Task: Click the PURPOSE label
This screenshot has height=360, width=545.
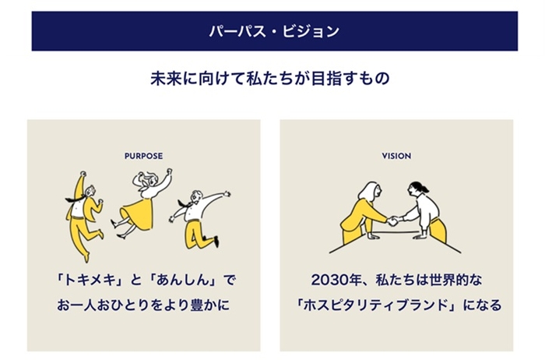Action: (143, 156)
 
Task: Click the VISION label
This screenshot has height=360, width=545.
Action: (396, 156)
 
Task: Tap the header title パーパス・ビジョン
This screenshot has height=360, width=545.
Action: (274, 31)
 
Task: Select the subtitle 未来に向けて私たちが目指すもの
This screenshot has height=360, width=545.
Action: (270, 79)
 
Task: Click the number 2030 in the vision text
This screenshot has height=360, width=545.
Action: (330, 280)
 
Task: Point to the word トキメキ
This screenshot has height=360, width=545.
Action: (90, 280)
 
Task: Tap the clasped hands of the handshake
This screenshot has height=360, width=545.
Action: (393, 221)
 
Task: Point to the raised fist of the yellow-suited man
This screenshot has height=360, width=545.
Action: (83, 174)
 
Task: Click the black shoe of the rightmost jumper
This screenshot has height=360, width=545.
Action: (216, 241)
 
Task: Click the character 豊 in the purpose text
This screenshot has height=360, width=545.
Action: (198, 305)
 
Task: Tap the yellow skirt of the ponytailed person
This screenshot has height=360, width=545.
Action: (438, 230)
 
